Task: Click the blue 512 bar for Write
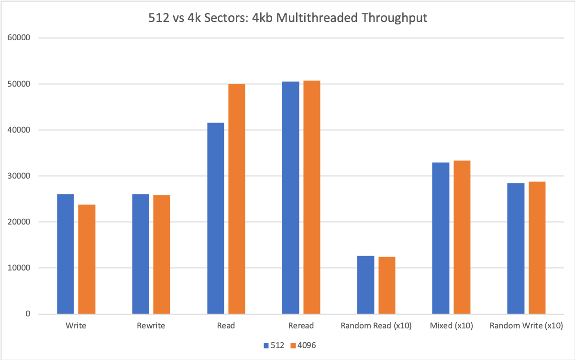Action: click(66, 254)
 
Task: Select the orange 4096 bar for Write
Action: click(87, 259)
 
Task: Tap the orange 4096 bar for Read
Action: click(236, 199)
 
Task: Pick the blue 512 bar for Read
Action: click(215, 218)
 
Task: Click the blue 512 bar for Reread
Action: click(290, 198)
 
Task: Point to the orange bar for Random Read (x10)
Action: click(387, 285)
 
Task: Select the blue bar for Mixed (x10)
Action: click(441, 238)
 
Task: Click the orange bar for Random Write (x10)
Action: click(537, 248)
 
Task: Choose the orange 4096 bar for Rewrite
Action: click(162, 255)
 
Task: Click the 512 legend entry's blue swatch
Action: click(266, 345)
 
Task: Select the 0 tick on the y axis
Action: click(28, 315)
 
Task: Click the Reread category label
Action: click(301, 326)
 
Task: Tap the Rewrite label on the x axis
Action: click(151, 326)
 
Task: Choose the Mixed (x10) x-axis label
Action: click(451, 326)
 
